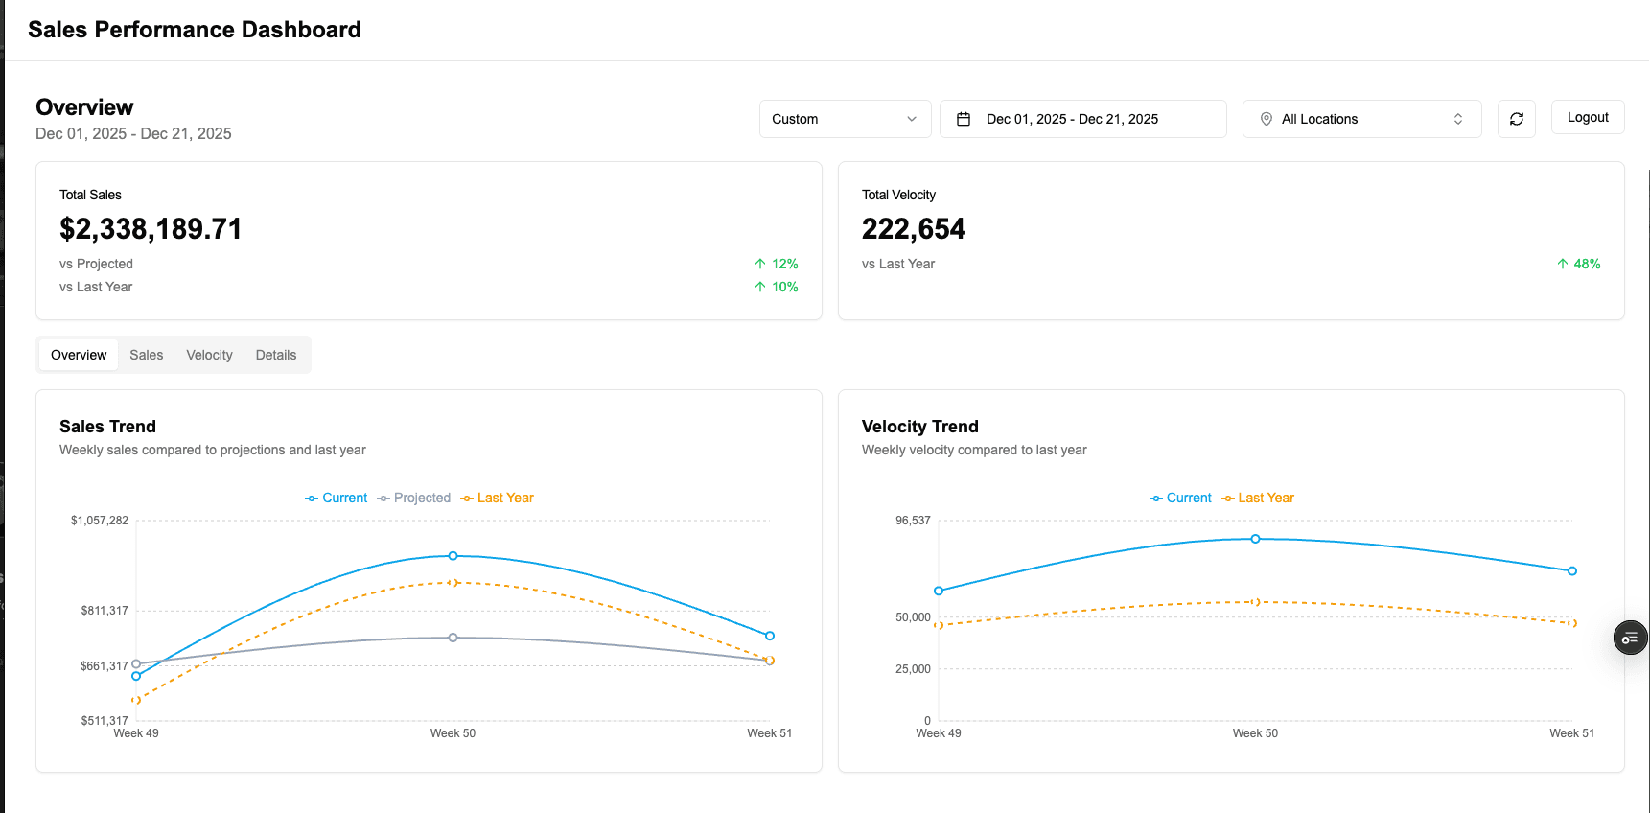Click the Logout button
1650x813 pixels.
point(1587,117)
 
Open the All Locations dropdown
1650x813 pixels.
point(1361,119)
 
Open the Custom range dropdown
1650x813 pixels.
point(845,119)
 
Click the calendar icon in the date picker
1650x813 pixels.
point(964,119)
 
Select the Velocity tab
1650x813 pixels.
point(209,355)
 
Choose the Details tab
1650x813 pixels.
point(275,355)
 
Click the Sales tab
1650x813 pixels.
point(146,355)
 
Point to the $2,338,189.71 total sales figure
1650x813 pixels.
point(151,229)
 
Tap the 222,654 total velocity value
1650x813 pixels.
point(913,229)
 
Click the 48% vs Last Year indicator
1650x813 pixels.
point(1579,264)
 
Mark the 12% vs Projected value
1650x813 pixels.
point(777,264)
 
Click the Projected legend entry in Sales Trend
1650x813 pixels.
point(414,498)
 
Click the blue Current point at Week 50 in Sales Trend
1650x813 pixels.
point(453,556)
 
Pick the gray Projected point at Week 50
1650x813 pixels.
point(453,638)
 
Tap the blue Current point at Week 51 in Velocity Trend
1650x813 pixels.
point(1571,571)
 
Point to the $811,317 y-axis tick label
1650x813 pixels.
point(105,611)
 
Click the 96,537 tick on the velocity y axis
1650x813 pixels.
point(913,521)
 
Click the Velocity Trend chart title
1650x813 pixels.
point(919,427)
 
